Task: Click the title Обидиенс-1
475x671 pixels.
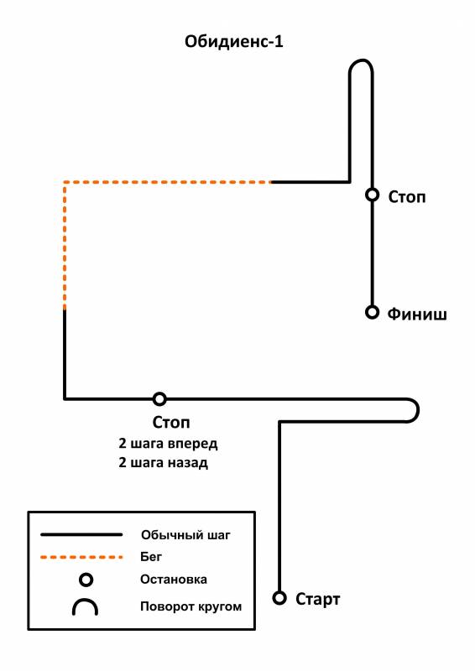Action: tap(234, 41)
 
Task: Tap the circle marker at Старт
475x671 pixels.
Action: tap(279, 597)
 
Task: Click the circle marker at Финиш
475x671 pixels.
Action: tap(373, 312)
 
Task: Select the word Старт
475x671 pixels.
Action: tap(317, 599)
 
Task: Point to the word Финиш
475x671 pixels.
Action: tap(417, 314)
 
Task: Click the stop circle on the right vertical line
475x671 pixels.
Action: tap(373, 195)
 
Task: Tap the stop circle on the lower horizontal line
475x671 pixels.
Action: tap(159, 399)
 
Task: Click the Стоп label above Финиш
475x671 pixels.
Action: tap(406, 197)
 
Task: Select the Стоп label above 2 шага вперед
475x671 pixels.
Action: tap(171, 423)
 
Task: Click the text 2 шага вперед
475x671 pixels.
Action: tap(168, 444)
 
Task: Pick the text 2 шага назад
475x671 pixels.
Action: tap(163, 463)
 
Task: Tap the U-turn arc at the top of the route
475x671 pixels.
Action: tap(361, 60)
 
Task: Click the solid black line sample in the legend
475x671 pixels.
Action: tap(81, 534)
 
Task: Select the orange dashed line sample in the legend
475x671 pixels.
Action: tap(81, 557)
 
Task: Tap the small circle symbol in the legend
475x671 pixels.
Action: tap(86, 580)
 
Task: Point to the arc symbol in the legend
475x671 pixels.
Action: tap(86, 600)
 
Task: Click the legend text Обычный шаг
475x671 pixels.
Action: tap(185, 535)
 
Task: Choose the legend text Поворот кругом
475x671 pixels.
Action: tap(191, 606)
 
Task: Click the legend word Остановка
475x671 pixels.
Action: tap(174, 580)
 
